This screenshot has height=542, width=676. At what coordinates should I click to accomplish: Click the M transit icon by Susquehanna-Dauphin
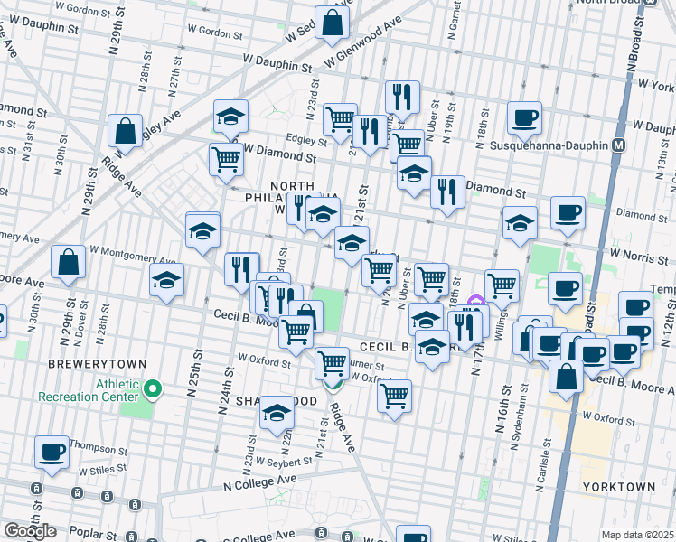point(619,145)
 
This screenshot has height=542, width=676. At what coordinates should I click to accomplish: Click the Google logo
point(30,531)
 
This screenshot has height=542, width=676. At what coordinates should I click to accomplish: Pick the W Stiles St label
point(106,470)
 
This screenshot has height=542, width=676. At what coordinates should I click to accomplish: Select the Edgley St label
point(307,140)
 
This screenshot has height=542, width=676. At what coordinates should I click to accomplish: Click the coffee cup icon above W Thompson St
point(52,452)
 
